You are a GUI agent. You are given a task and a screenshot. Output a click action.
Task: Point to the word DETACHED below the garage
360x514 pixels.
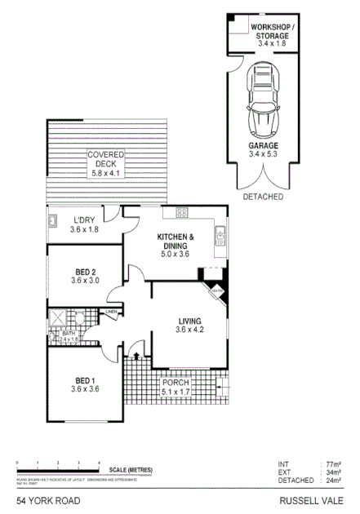[263, 197]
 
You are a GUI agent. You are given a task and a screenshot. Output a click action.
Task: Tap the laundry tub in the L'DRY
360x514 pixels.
[51, 219]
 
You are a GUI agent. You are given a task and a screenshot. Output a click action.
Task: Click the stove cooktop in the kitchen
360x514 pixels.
[182, 214]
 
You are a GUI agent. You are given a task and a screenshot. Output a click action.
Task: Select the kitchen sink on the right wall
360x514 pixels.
[220, 238]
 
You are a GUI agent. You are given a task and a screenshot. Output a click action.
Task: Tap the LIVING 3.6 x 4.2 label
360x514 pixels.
[189, 326]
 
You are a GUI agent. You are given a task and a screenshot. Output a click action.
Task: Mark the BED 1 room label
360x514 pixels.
[86, 385]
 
